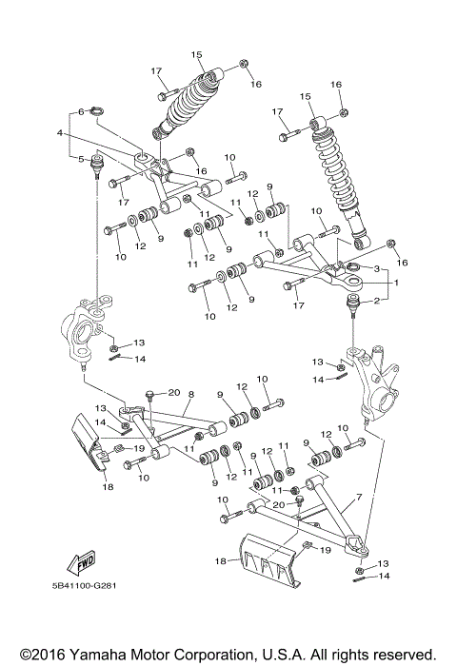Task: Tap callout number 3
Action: [x=377, y=270]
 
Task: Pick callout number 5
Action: [x=83, y=158]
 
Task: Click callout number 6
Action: [x=83, y=111]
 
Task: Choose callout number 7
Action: [x=359, y=498]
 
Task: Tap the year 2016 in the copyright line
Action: [x=39, y=655]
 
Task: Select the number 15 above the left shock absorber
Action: [x=197, y=54]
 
